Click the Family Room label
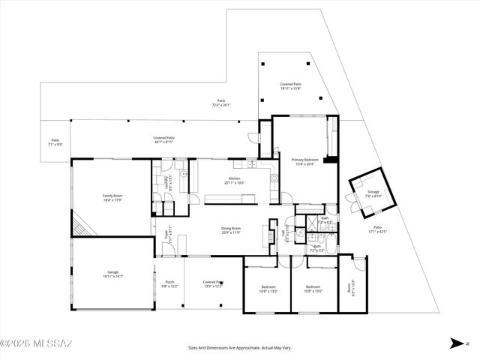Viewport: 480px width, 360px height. pos(112,198)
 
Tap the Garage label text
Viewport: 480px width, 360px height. pos(112,274)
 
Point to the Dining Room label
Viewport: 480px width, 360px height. pos(230,230)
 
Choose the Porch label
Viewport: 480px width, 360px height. pos(169,284)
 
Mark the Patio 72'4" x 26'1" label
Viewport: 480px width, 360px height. pos(221,103)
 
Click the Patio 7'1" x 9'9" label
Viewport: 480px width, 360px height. pos(55,142)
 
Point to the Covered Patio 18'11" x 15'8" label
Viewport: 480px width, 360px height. pos(290,86)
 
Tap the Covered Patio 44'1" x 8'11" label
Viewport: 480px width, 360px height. pos(164,139)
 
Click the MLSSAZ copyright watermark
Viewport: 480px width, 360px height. pos(36,344)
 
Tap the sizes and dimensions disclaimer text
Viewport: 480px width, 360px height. pos(239,347)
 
